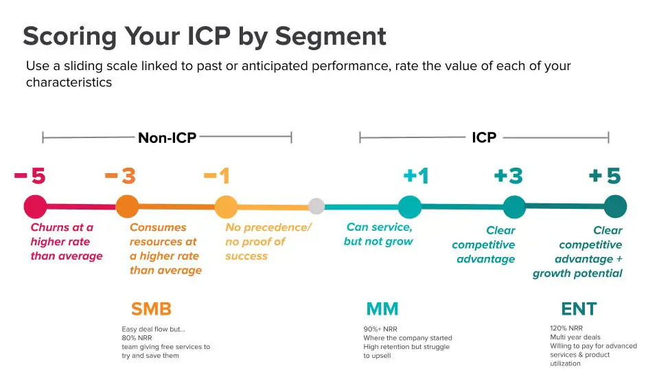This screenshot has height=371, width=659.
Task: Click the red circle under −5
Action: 35,206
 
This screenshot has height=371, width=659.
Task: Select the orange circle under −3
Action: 127,206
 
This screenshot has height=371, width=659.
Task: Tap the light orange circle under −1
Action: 226,207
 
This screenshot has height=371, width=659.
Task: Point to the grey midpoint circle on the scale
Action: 316,206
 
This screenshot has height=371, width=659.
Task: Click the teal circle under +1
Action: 410,207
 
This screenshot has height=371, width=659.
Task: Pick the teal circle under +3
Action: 514,207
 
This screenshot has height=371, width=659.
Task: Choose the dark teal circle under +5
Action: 615,207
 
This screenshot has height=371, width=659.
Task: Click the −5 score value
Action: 30,177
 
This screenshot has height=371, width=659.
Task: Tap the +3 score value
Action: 508,177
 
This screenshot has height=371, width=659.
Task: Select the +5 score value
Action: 605,177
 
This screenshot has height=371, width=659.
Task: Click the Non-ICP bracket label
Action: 167,138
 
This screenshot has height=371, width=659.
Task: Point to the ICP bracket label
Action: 484,137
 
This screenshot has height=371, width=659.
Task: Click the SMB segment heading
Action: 151,308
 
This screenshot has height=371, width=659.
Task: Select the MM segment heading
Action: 382,308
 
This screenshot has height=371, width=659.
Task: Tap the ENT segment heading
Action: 579,308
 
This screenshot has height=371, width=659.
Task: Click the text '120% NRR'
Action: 566,328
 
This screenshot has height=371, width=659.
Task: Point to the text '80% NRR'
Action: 137,338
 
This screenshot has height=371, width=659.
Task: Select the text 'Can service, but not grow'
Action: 379,234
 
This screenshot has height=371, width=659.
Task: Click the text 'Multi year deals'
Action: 575,337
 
